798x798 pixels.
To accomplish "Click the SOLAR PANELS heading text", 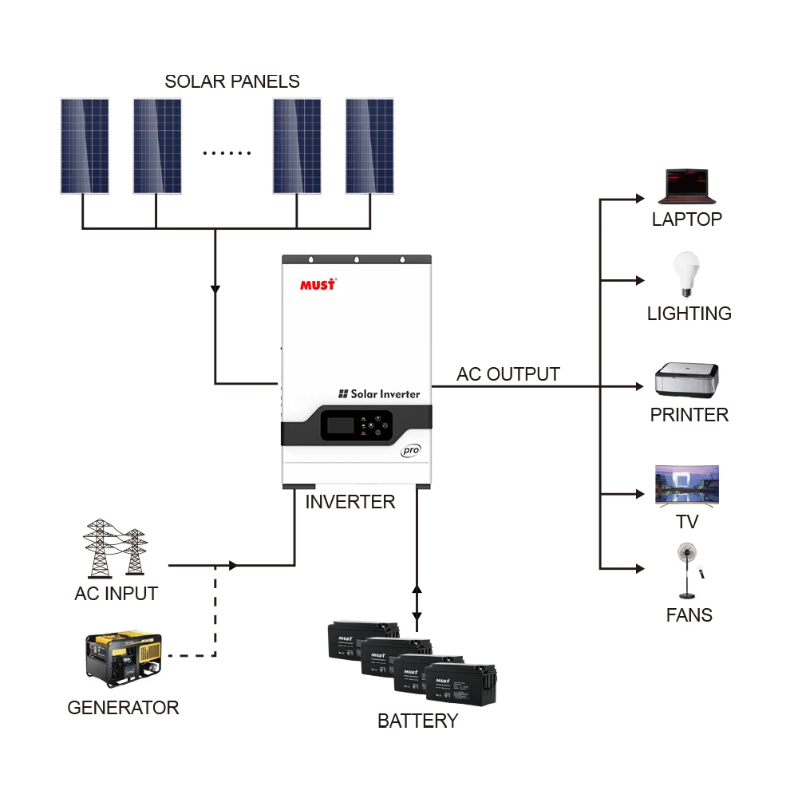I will click(232, 81).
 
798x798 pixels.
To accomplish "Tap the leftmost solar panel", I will click(85, 146).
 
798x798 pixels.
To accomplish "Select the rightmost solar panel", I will click(369, 146).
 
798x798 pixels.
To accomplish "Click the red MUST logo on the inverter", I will click(318, 284).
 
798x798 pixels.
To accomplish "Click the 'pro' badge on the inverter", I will click(410, 450).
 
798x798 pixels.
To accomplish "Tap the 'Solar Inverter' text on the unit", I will click(379, 393).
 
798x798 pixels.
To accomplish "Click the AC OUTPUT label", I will click(508, 374).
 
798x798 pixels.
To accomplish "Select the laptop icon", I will click(686, 187).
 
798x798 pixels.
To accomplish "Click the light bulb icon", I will click(686, 275).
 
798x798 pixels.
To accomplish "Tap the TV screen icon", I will click(687, 485).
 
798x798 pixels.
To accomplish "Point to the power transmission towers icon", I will click(117, 549).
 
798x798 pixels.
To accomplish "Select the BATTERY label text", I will click(417, 721).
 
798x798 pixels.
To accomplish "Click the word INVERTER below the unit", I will click(350, 502).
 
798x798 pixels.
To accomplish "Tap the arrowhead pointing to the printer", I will click(638, 386).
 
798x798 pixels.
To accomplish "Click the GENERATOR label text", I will click(123, 708).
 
